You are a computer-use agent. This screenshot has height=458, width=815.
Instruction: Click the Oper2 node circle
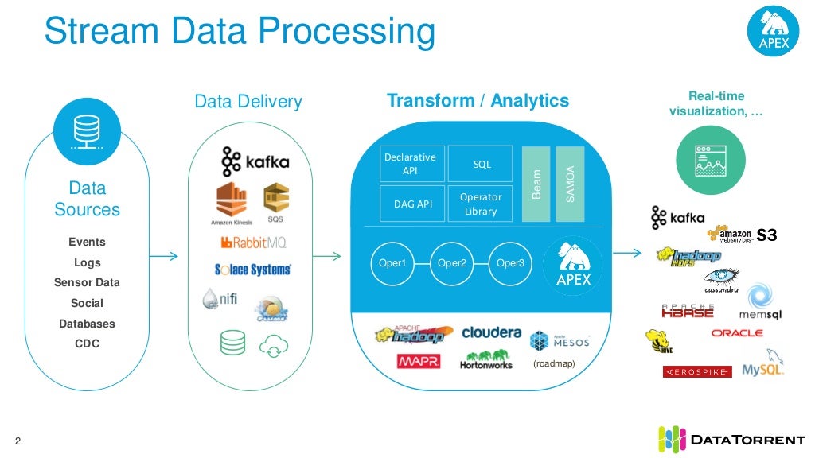[x=452, y=263]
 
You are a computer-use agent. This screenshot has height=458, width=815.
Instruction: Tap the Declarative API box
[x=410, y=164]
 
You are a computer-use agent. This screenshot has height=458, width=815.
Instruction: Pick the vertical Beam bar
[x=537, y=184]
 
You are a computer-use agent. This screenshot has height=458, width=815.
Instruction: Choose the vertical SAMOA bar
[x=570, y=184]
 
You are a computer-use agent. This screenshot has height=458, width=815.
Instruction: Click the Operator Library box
[x=481, y=204]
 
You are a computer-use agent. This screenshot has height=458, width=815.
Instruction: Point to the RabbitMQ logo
[x=253, y=242]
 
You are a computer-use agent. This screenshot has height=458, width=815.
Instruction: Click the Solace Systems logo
[x=253, y=270]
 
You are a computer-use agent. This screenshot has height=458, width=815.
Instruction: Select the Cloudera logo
[x=491, y=332]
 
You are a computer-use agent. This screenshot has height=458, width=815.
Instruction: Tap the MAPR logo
[x=418, y=362]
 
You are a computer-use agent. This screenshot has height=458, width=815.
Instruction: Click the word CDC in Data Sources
[x=87, y=344]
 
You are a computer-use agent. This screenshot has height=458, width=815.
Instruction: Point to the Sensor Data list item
[x=87, y=283]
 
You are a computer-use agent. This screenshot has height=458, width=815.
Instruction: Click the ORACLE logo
[x=736, y=333]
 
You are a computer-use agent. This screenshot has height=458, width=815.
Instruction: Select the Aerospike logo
[x=696, y=372]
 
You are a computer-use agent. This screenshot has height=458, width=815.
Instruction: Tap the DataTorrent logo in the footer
[x=732, y=439]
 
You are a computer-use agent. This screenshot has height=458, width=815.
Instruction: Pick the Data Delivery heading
[x=248, y=102]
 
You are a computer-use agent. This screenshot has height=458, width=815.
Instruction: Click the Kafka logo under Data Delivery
[x=255, y=161]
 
